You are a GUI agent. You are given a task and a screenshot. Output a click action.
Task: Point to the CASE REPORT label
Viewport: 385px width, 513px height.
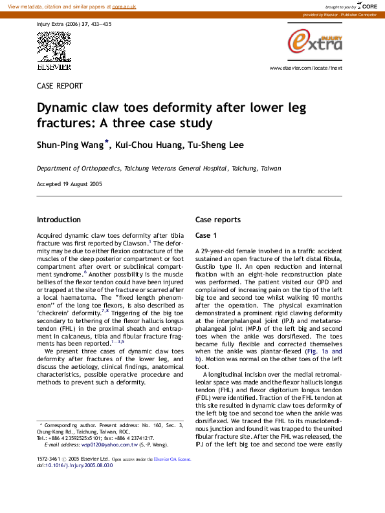pyautogui.click(x=60, y=85)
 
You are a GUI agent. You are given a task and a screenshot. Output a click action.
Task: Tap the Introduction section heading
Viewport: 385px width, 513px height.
pyautogui.click(x=59, y=220)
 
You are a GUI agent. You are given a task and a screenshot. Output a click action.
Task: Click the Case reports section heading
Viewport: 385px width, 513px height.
pyautogui.click(x=218, y=220)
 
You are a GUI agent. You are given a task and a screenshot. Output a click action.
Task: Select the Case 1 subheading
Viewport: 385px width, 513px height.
pyautogui.click(x=206, y=235)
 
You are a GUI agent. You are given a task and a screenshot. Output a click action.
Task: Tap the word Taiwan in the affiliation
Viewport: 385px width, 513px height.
pyautogui.click(x=271, y=168)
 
